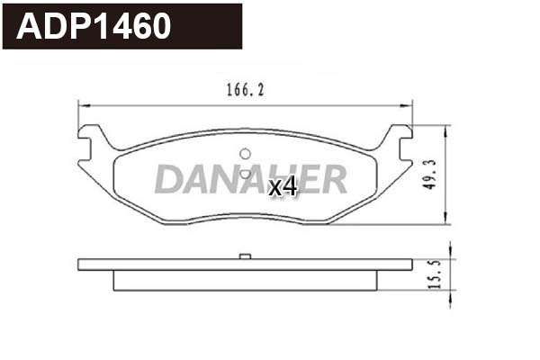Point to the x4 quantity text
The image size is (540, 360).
[x=283, y=186]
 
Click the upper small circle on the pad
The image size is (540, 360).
[x=242, y=153]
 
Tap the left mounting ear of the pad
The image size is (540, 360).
[x=90, y=142]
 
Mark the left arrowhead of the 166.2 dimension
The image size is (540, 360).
[x=84, y=105]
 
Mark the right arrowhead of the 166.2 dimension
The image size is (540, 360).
[x=408, y=105]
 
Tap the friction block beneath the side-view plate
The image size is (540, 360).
[x=243, y=280]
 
